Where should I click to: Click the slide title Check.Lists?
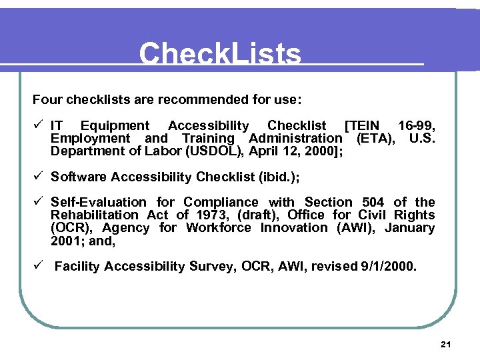pos(220,53)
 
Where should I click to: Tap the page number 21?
pos(446,344)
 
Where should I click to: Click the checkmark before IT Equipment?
pos(39,125)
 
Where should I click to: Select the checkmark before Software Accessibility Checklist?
pos(39,176)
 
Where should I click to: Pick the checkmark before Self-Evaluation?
pos(39,201)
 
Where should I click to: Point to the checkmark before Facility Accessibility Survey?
pos(39,265)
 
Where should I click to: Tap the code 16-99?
pos(416,125)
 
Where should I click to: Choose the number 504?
pos(373,202)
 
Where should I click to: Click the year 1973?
pos(212,215)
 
